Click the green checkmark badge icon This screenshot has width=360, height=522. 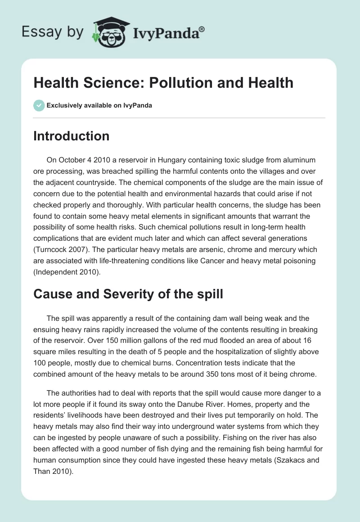38,105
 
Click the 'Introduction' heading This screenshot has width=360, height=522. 71,136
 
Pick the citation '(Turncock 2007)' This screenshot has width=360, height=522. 61,249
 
